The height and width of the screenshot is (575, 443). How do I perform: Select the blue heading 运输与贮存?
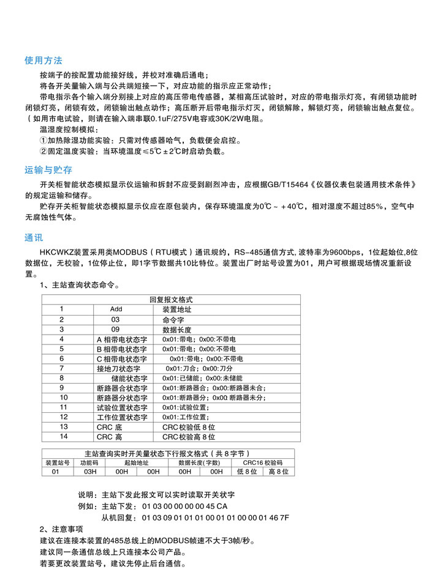tap(48, 170)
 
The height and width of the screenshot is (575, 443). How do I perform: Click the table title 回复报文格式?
tap(171, 300)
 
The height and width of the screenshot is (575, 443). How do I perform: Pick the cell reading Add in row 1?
tap(116, 310)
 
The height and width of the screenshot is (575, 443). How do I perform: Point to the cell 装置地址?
tap(177, 310)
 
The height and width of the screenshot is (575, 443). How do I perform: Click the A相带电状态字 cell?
tap(122, 339)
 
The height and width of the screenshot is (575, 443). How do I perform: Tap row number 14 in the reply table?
tap(63, 437)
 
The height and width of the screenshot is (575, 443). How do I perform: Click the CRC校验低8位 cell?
tap(189, 427)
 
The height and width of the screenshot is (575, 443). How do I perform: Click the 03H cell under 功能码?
tap(89, 472)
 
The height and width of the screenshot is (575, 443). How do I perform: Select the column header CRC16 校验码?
tap(262, 463)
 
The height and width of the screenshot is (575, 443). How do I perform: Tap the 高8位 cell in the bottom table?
tap(278, 472)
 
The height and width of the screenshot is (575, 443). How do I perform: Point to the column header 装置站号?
tap(56, 463)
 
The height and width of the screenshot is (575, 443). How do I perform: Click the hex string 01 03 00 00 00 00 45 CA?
tap(184, 507)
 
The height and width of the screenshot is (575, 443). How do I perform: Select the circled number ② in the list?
tap(43, 150)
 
